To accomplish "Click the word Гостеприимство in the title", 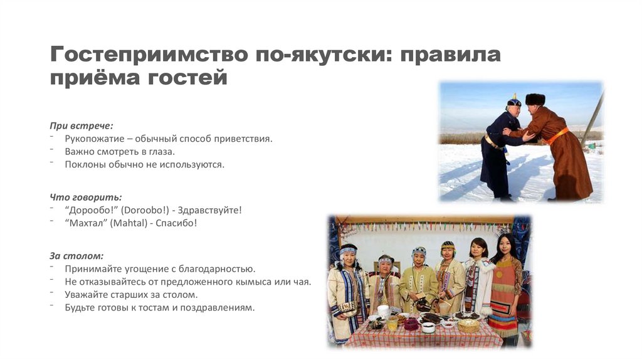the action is coord(149,54).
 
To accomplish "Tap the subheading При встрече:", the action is coord(82,125).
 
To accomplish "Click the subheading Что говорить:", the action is coord(86,197).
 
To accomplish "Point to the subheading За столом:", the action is coord(76,256).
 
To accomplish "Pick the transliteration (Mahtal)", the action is coord(129,223).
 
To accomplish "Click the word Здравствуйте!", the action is coord(209,210).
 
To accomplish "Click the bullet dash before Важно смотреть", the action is coord(52,150).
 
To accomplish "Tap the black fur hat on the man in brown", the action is coord(535,98).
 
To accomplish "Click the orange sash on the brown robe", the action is coord(556,136).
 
